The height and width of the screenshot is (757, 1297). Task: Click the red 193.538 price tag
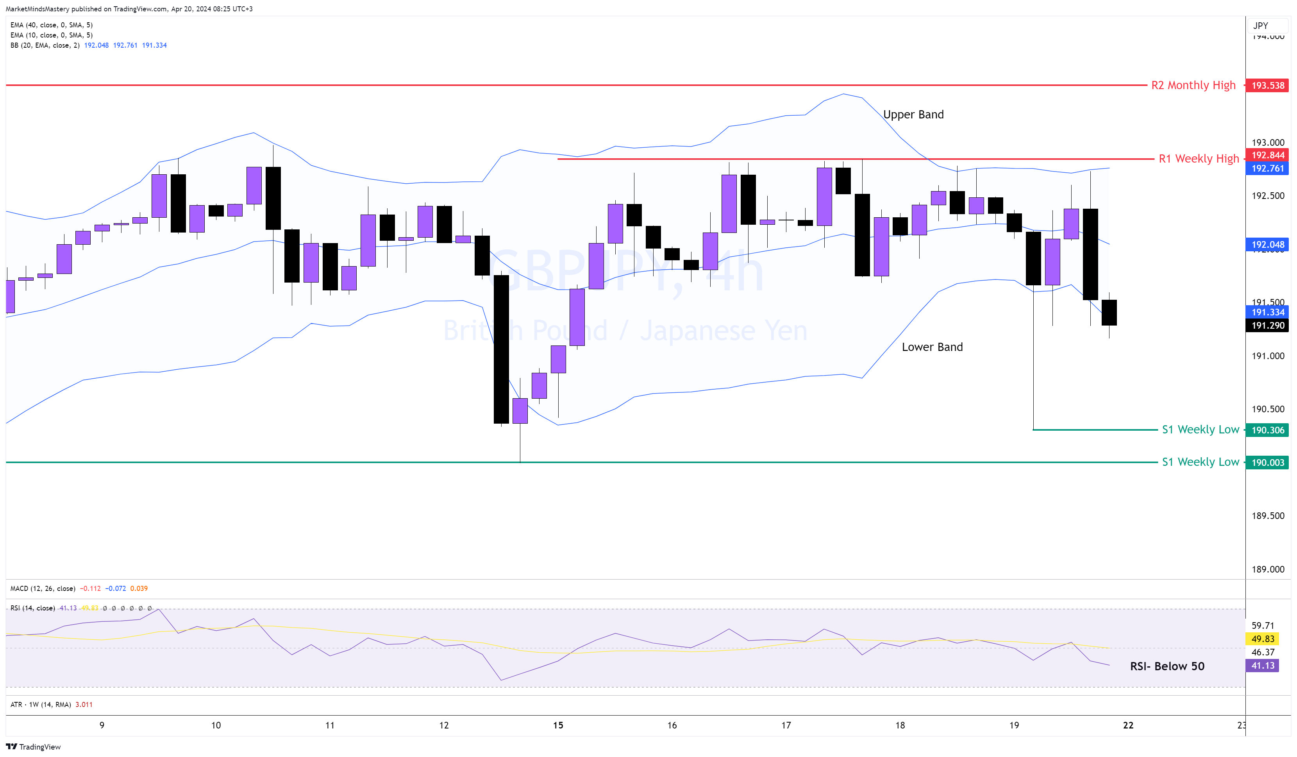click(1267, 86)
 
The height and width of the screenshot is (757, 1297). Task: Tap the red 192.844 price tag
click(1267, 155)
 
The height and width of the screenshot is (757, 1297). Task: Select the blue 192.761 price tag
click(1267, 168)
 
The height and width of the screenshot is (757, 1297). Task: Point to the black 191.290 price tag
click(1267, 326)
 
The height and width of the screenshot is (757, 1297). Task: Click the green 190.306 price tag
click(1267, 430)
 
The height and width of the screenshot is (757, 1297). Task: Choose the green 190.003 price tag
click(1267, 462)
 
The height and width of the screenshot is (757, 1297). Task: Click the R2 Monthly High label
click(1193, 86)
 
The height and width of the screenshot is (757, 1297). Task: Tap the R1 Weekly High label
click(1198, 159)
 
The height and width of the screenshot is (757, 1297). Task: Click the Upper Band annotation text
click(913, 115)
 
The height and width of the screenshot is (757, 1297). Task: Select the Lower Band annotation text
click(932, 347)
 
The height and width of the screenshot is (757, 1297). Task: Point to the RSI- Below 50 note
click(1167, 666)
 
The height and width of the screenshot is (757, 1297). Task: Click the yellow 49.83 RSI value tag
click(1263, 639)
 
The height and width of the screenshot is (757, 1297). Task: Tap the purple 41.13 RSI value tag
click(1263, 666)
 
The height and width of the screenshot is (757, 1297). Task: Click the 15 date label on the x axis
click(558, 726)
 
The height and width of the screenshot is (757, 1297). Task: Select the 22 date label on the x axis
click(1128, 726)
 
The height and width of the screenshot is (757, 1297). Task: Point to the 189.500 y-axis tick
click(1267, 516)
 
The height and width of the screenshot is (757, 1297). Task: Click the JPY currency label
click(1260, 26)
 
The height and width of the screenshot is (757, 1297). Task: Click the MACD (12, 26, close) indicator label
click(43, 589)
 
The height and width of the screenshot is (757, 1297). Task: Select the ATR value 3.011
click(84, 705)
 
